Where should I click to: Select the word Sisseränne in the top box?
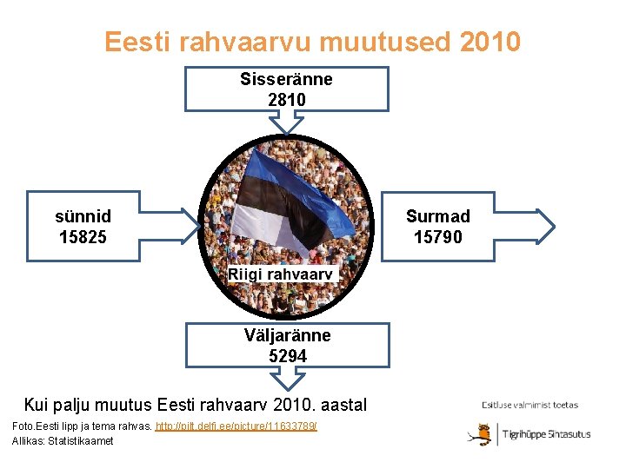pyautogui.click(x=286, y=80)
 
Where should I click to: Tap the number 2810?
pyautogui.click(x=286, y=100)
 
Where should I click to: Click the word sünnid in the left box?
pyautogui.click(x=83, y=216)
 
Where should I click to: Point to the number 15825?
pyautogui.click(x=83, y=237)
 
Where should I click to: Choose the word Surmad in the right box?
pyautogui.click(x=438, y=216)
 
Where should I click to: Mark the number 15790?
pyautogui.click(x=438, y=237)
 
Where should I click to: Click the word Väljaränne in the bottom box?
pyautogui.click(x=287, y=335)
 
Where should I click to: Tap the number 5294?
pyautogui.click(x=287, y=356)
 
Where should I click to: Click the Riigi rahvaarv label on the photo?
pyautogui.click(x=280, y=274)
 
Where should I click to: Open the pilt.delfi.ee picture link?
pyautogui.click(x=236, y=426)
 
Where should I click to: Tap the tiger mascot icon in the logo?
pyautogui.click(x=478, y=433)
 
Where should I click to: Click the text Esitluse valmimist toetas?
pyautogui.click(x=529, y=405)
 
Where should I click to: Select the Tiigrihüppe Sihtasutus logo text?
pyautogui.click(x=548, y=434)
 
